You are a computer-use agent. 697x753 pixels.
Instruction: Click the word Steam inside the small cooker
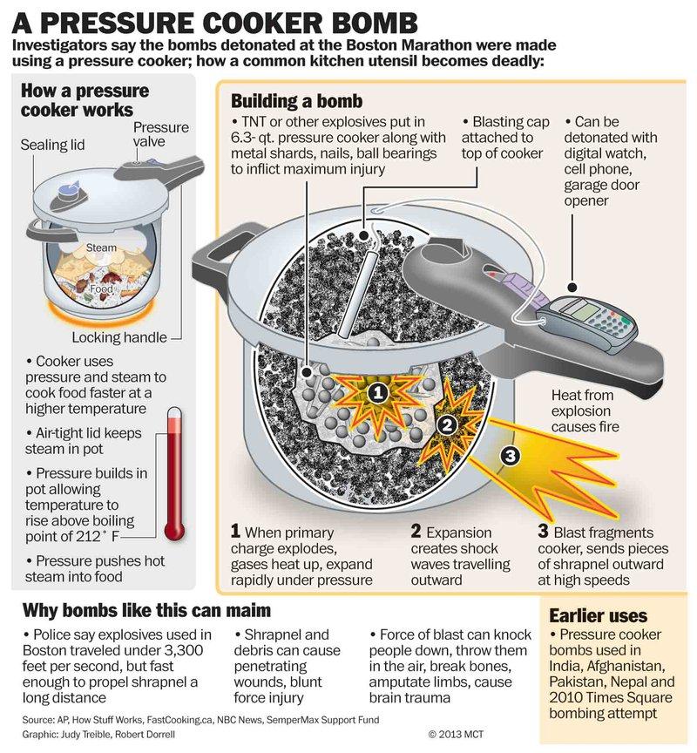pos(101,248)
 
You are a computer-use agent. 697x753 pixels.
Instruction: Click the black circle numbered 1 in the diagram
pos(376,393)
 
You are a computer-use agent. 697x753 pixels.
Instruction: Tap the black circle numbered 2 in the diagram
pos(445,425)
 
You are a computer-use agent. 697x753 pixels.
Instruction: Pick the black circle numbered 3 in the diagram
pos(512,454)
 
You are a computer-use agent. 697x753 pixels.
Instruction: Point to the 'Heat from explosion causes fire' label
pos(585,410)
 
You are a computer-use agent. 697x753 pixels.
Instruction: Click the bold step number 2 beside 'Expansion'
pos(416,532)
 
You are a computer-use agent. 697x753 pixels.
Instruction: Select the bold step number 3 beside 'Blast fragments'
pos(544,532)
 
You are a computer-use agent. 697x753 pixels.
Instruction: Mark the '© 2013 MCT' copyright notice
pos(457,734)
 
